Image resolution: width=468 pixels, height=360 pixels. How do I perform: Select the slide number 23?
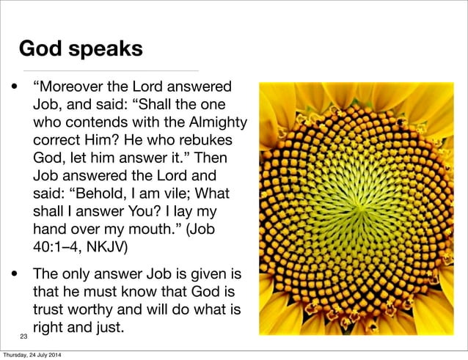(x=23, y=337)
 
